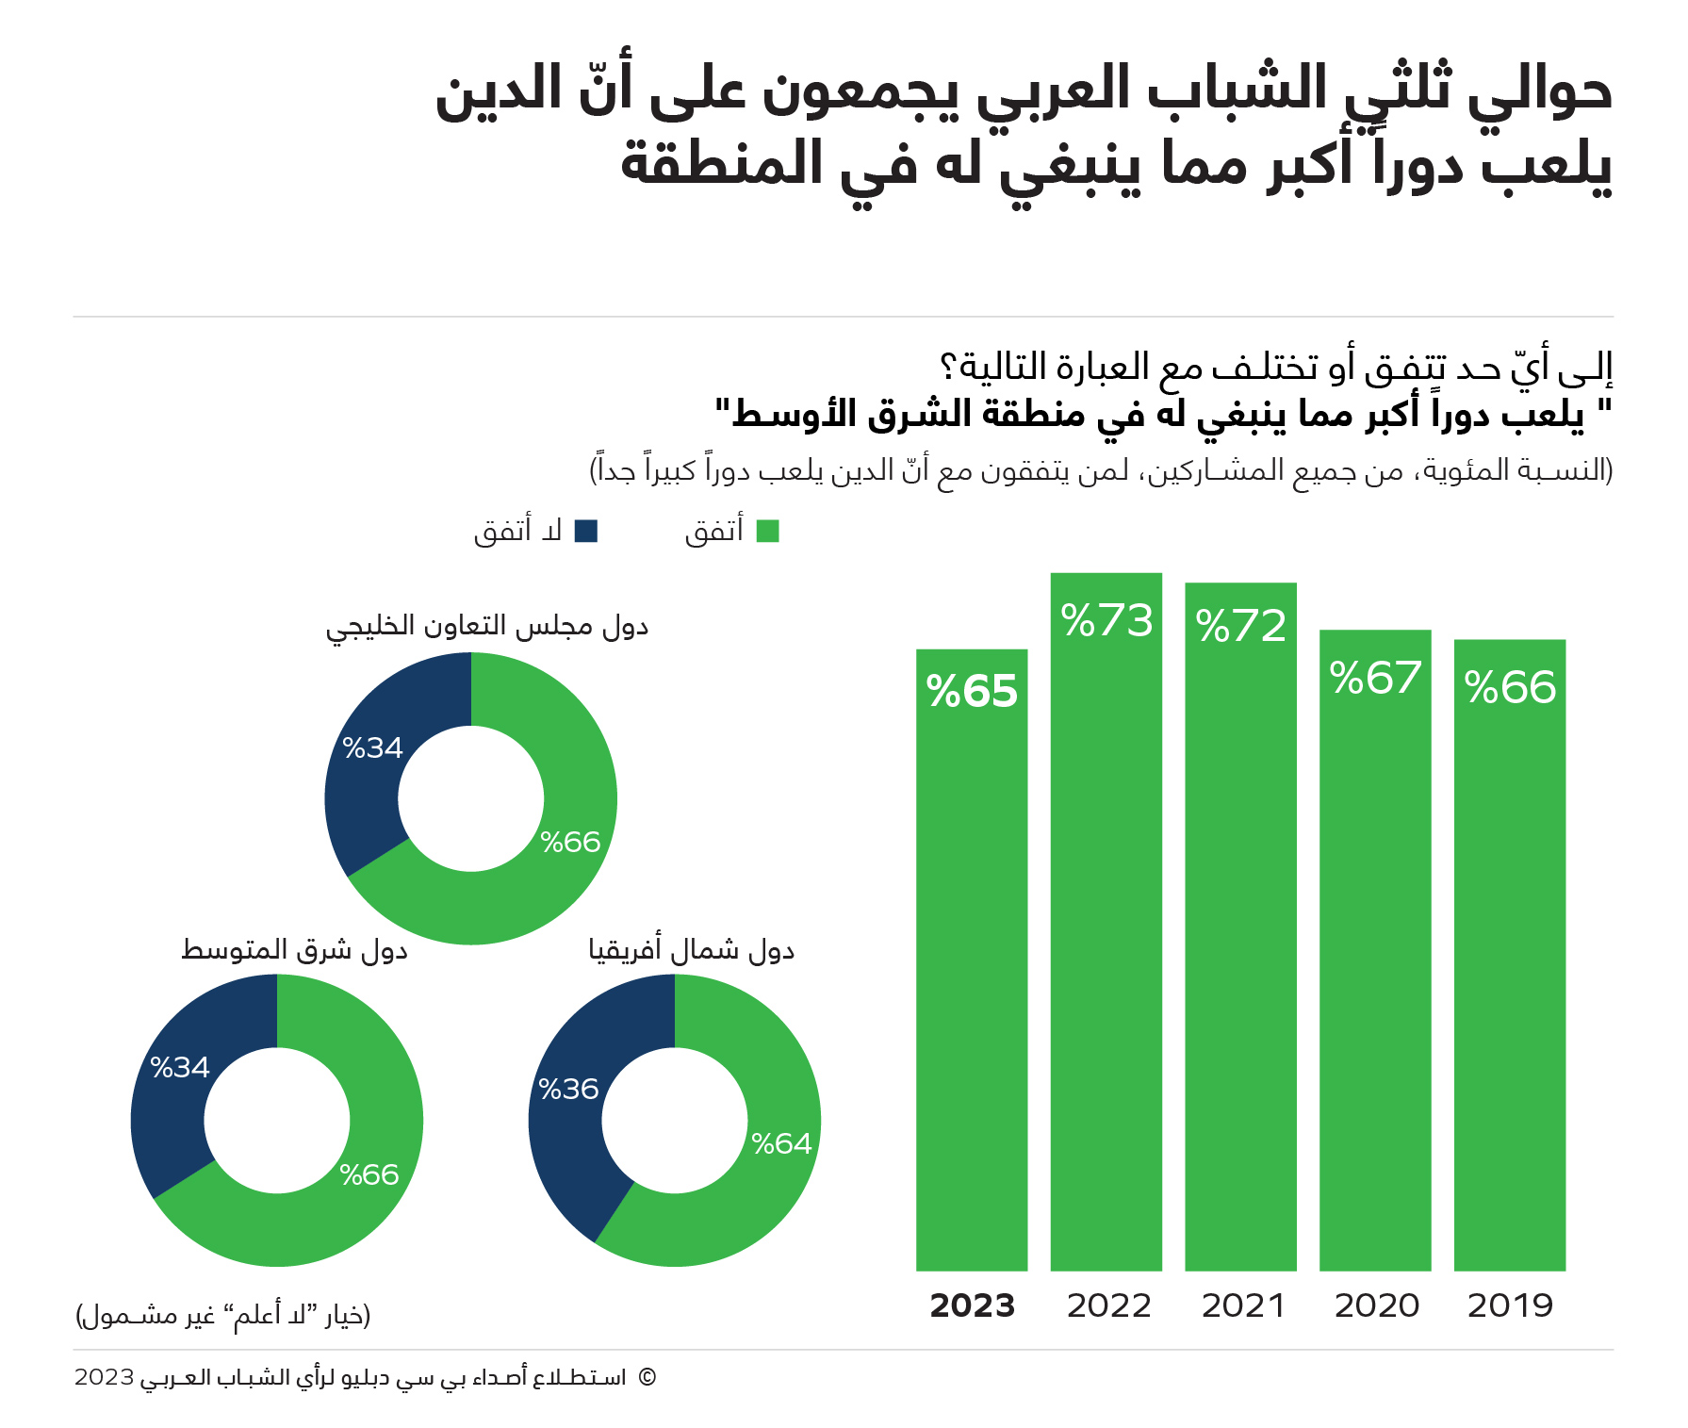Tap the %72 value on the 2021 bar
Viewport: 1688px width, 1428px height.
(x=1240, y=626)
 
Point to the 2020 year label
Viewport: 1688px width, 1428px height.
(x=1376, y=1306)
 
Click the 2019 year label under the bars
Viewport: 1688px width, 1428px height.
(x=1510, y=1306)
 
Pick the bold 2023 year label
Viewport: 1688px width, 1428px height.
(x=972, y=1306)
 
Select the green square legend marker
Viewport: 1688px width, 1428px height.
(x=768, y=532)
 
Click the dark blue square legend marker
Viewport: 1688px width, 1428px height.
(x=586, y=532)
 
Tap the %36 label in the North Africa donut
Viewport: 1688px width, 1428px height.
(x=568, y=1090)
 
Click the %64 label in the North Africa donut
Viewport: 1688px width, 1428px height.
(x=781, y=1144)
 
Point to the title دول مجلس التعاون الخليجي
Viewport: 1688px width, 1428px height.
(x=487, y=627)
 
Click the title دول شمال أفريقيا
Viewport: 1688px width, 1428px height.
(x=692, y=950)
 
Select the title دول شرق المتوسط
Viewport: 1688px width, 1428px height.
(x=294, y=950)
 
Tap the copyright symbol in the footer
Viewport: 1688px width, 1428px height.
(x=647, y=1378)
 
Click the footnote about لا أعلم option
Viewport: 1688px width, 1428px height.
(x=223, y=1315)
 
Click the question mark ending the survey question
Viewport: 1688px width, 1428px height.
(x=949, y=367)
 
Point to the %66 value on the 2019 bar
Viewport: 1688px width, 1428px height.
(x=1510, y=688)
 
